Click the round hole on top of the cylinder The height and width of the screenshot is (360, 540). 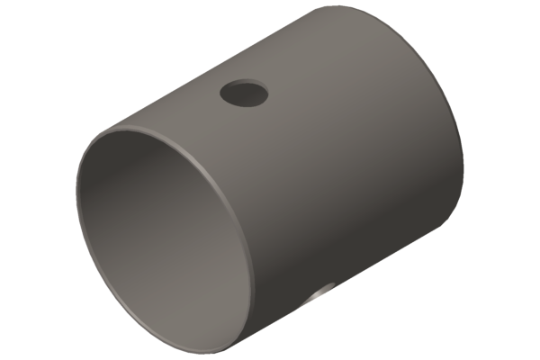(x=244, y=93)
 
